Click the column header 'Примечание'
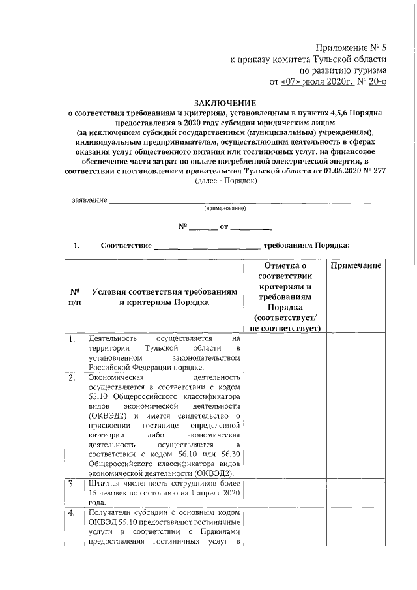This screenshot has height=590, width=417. click(x=355, y=267)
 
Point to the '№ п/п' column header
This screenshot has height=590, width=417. click(x=75, y=297)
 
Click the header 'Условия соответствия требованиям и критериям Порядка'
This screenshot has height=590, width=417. click(x=164, y=297)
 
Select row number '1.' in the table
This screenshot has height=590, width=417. click(x=72, y=339)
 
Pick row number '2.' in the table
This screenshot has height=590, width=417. click(x=72, y=377)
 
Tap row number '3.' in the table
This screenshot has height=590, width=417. click(x=72, y=484)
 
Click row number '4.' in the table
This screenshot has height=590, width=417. click(x=72, y=514)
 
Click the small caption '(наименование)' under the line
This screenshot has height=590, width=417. click(x=225, y=209)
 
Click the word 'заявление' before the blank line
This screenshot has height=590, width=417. click(x=89, y=199)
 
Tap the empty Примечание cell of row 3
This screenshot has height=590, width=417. click(x=355, y=493)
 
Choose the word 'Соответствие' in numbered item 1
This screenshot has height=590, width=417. click(x=126, y=246)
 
